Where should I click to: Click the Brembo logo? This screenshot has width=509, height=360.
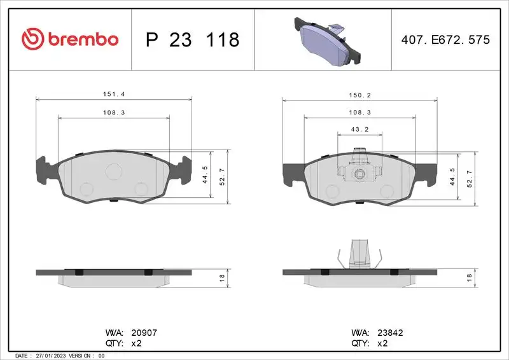coord(70,39)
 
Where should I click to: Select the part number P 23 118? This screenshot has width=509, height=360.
coord(192,39)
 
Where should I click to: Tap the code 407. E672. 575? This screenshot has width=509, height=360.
coord(445,39)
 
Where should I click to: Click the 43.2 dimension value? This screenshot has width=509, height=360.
coord(360,129)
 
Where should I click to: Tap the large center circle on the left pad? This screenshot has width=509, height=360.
coord(114,170)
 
